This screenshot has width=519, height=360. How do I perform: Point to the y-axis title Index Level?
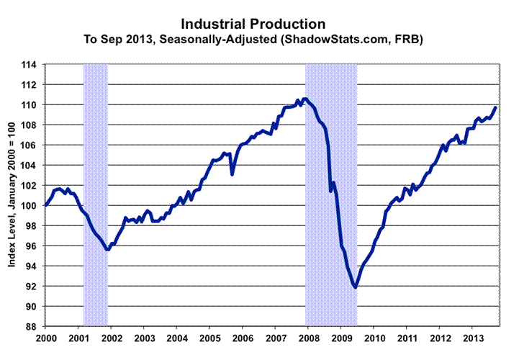[12, 194]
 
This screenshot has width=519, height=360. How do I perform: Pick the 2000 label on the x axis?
[45, 337]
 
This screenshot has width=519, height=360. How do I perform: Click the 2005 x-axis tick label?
[209, 337]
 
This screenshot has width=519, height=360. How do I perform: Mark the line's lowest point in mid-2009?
[355, 287]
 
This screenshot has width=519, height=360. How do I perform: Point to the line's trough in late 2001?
[107, 249]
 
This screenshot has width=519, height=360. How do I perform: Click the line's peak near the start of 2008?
[306, 99]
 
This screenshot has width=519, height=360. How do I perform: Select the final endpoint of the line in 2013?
[496, 107]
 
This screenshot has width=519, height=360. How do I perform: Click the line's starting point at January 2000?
[46, 205]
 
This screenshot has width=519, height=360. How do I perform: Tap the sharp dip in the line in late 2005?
[232, 174]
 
